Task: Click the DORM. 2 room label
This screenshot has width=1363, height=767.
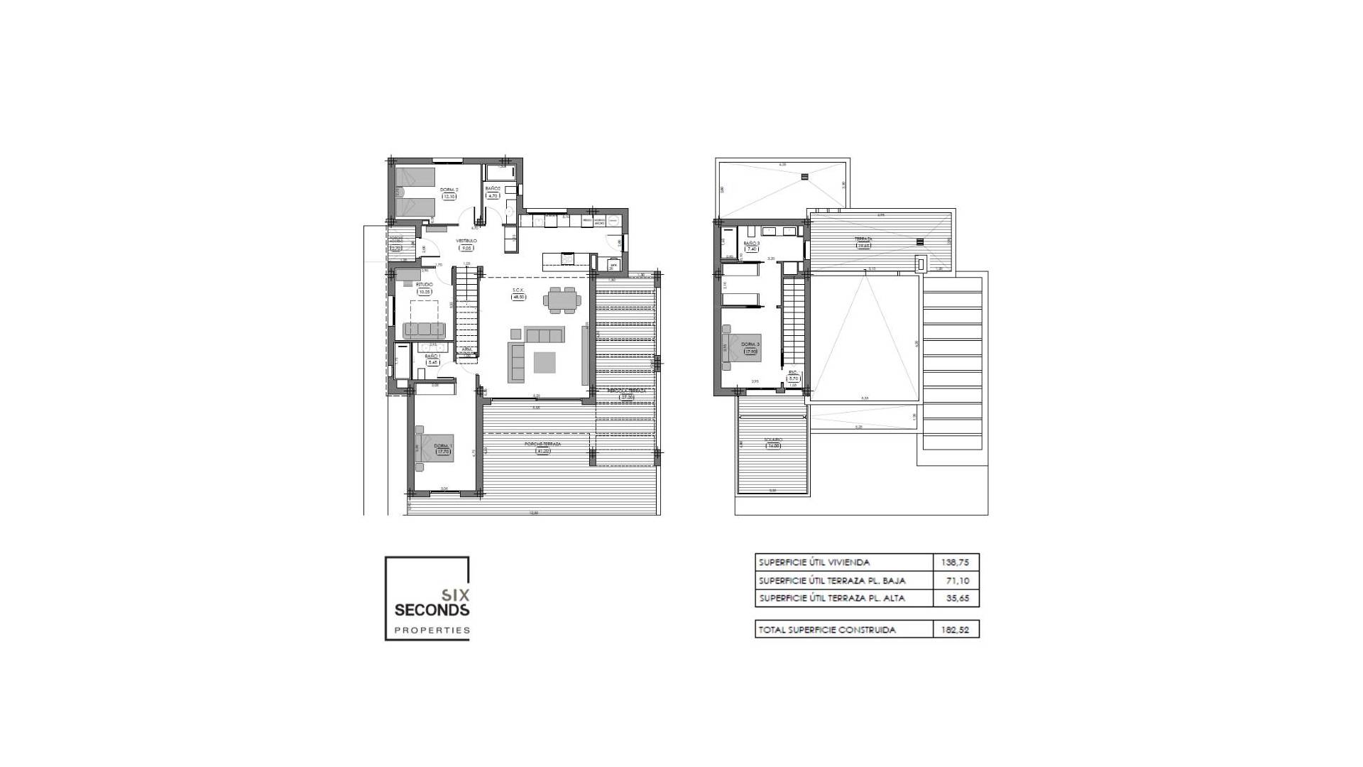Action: pos(449,190)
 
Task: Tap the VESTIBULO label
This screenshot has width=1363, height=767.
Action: pos(466,241)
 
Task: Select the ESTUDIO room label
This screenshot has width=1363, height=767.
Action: pos(425,284)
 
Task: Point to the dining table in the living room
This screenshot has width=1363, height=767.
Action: pos(561,300)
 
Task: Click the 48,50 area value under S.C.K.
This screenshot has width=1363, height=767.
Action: pos(519,298)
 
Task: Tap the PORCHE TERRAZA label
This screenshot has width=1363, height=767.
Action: pos(543,444)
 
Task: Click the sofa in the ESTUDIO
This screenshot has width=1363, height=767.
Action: pos(424,330)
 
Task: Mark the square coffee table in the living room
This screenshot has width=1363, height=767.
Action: pos(546,363)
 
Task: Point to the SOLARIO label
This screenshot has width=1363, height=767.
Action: pos(772,440)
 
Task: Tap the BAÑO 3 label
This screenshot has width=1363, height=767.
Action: pos(752,244)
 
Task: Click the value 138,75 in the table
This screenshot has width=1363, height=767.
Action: pos(956,562)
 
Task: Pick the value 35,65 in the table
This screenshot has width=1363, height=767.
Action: pos(957,599)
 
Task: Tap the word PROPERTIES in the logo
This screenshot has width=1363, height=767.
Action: pos(432,630)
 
